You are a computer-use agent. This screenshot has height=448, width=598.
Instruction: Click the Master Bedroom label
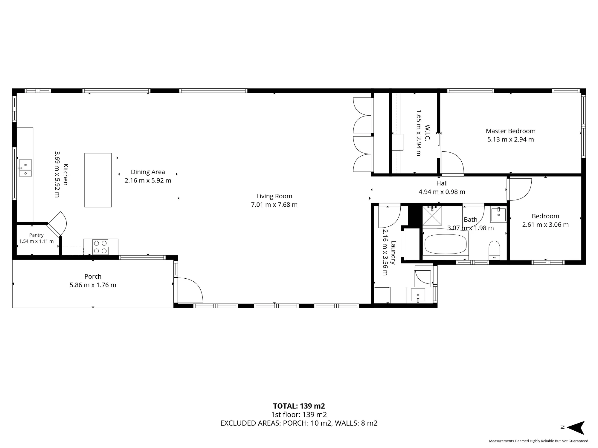(x=510, y=131)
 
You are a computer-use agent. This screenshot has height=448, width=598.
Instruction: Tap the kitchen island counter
(x=98, y=180)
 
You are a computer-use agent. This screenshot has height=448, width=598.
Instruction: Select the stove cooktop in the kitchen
(x=100, y=247)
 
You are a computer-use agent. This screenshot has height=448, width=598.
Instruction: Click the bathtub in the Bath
(x=446, y=244)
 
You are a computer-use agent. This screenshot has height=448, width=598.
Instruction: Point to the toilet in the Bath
(x=494, y=250)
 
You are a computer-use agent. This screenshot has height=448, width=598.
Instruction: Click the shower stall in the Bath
(x=432, y=216)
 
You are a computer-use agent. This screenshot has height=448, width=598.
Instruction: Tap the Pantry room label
(x=36, y=235)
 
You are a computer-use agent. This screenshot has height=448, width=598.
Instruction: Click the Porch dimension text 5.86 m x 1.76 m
(x=93, y=285)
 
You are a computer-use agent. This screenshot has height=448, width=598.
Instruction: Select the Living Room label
(x=274, y=196)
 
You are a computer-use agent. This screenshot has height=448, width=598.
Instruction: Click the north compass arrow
(x=576, y=428)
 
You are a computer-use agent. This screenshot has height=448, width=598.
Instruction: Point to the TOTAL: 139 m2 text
(x=299, y=406)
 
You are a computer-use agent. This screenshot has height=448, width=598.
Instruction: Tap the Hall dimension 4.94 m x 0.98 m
(x=442, y=192)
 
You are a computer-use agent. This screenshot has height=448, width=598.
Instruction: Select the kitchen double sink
(x=25, y=168)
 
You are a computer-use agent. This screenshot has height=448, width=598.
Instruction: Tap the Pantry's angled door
(x=57, y=224)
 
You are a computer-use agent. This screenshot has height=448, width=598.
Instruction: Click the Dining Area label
(x=148, y=172)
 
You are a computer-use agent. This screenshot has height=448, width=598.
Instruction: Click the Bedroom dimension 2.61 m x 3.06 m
(x=545, y=225)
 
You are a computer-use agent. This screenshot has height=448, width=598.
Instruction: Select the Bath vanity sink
(x=498, y=215)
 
